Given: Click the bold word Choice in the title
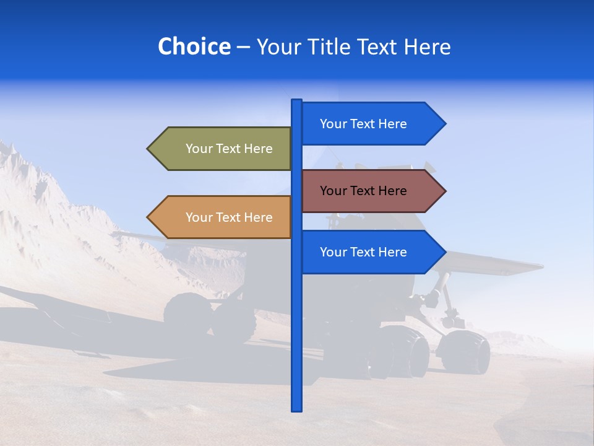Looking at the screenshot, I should (194, 46).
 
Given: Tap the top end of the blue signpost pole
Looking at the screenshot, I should (296, 101).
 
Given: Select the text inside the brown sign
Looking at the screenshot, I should (363, 191).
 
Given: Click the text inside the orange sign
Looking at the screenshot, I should (229, 217).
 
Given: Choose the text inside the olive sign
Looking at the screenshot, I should (229, 149).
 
